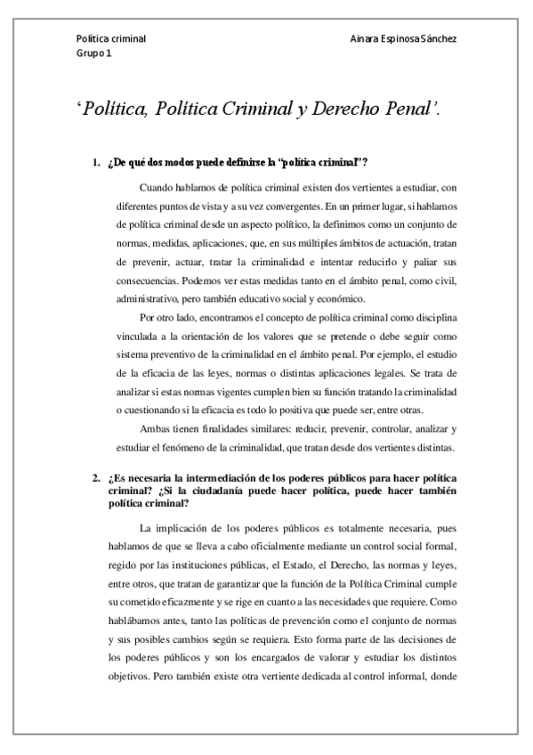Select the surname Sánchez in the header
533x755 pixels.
pyautogui.click(x=437, y=40)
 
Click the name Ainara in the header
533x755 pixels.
pyautogui.click(x=368, y=40)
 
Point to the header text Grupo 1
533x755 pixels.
pyautogui.click(x=93, y=53)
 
